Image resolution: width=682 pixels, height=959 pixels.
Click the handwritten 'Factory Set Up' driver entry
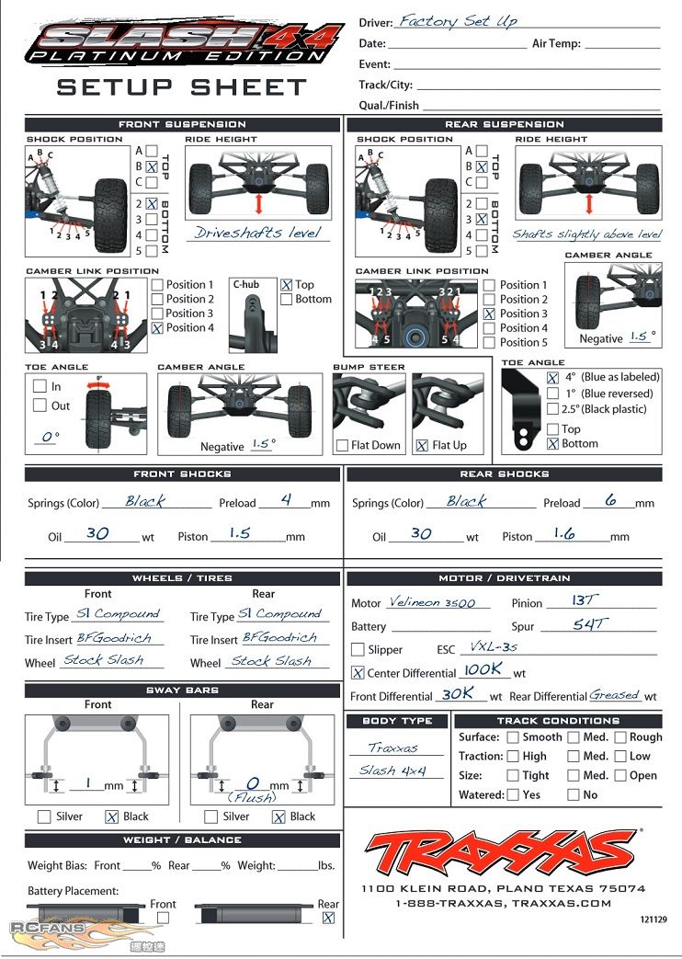458,21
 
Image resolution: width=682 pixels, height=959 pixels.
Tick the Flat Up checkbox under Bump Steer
422,446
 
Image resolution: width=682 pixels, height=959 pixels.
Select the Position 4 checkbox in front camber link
157,328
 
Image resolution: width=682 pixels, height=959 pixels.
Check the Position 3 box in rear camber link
489,314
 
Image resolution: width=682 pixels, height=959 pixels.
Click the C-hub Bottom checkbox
286,299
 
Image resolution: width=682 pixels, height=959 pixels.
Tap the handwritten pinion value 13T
583,600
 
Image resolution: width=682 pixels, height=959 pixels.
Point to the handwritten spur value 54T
590,623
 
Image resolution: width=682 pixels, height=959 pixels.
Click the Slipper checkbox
358,649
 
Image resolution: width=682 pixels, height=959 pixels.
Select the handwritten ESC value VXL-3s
494,646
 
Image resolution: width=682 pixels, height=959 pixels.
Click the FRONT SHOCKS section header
182,474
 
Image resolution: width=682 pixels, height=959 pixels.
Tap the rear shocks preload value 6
610,500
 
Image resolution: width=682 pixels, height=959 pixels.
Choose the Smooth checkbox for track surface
513,737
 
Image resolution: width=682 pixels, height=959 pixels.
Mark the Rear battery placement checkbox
328,918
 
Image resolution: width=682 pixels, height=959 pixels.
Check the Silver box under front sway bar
44,816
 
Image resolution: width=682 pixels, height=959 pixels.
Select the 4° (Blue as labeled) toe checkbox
552,377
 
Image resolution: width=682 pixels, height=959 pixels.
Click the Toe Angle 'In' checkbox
40,386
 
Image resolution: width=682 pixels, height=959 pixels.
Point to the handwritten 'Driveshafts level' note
257,233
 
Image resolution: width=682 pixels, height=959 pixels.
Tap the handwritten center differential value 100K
483,669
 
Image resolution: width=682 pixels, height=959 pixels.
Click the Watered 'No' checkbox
574,794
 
